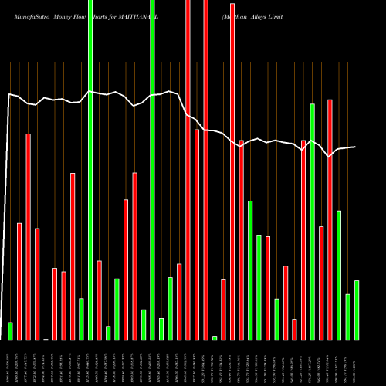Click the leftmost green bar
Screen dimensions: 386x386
point(11,330)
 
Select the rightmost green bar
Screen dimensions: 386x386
point(357,310)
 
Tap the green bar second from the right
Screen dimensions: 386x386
point(347,317)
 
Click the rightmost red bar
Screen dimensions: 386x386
point(330,219)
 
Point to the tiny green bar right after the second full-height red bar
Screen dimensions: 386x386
point(215,337)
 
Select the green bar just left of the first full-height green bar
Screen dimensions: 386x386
point(81,319)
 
